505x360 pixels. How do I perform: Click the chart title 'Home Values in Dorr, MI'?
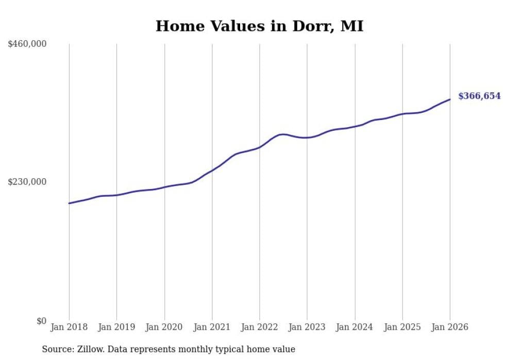259,26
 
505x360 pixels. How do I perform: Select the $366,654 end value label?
479,96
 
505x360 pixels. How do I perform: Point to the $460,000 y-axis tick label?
27,44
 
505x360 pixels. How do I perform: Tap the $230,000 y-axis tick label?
27,182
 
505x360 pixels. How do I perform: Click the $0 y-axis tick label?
41,321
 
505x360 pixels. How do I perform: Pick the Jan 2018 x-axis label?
69,327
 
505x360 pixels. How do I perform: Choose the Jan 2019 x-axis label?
116,327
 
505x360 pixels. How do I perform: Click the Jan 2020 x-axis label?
164,327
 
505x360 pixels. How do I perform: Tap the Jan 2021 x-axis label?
212,327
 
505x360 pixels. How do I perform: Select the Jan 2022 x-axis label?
260,327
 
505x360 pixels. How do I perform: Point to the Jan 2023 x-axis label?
307,327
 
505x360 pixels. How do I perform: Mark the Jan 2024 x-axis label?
355,327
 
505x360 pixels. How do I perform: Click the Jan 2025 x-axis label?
402,327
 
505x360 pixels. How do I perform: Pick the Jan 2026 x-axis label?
450,327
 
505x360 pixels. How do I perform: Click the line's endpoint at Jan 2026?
450,99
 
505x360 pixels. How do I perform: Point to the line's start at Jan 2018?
69,203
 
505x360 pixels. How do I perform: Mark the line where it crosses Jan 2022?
260,147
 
